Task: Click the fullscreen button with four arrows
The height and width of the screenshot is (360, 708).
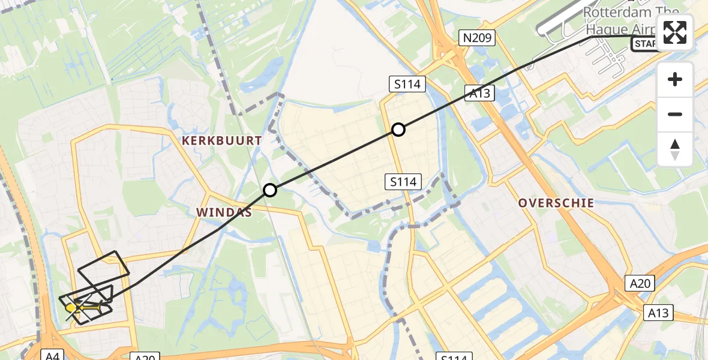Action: pos(675,32)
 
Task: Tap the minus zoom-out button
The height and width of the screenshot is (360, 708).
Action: pos(675,114)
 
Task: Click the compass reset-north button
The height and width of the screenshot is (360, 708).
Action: pos(675,149)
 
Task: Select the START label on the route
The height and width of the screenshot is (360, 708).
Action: pos(644,43)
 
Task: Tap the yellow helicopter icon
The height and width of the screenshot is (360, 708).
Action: pos(71,308)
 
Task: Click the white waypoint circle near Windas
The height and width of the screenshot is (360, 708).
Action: pos(270,190)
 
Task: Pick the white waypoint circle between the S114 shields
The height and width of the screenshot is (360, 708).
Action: pos(398,129)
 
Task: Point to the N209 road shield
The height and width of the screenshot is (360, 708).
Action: pos(478,38)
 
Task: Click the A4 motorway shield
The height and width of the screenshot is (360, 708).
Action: pos(51,356)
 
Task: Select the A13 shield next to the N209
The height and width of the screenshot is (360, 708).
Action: pos(479,92)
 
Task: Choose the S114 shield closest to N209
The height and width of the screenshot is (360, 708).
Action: pos(407,84)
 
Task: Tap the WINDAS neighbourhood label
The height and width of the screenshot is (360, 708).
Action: pos(223,212)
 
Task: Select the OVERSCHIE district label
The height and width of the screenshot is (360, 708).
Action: pos(556,203)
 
